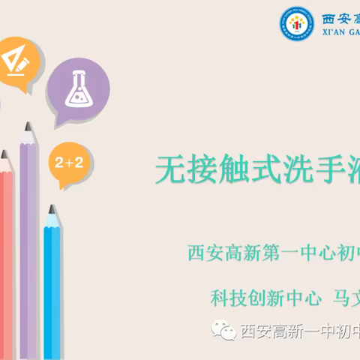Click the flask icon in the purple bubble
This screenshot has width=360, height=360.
(78, 90)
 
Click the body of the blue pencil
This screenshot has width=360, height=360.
(52, 292)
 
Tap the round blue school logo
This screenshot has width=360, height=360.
(298, 25)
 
